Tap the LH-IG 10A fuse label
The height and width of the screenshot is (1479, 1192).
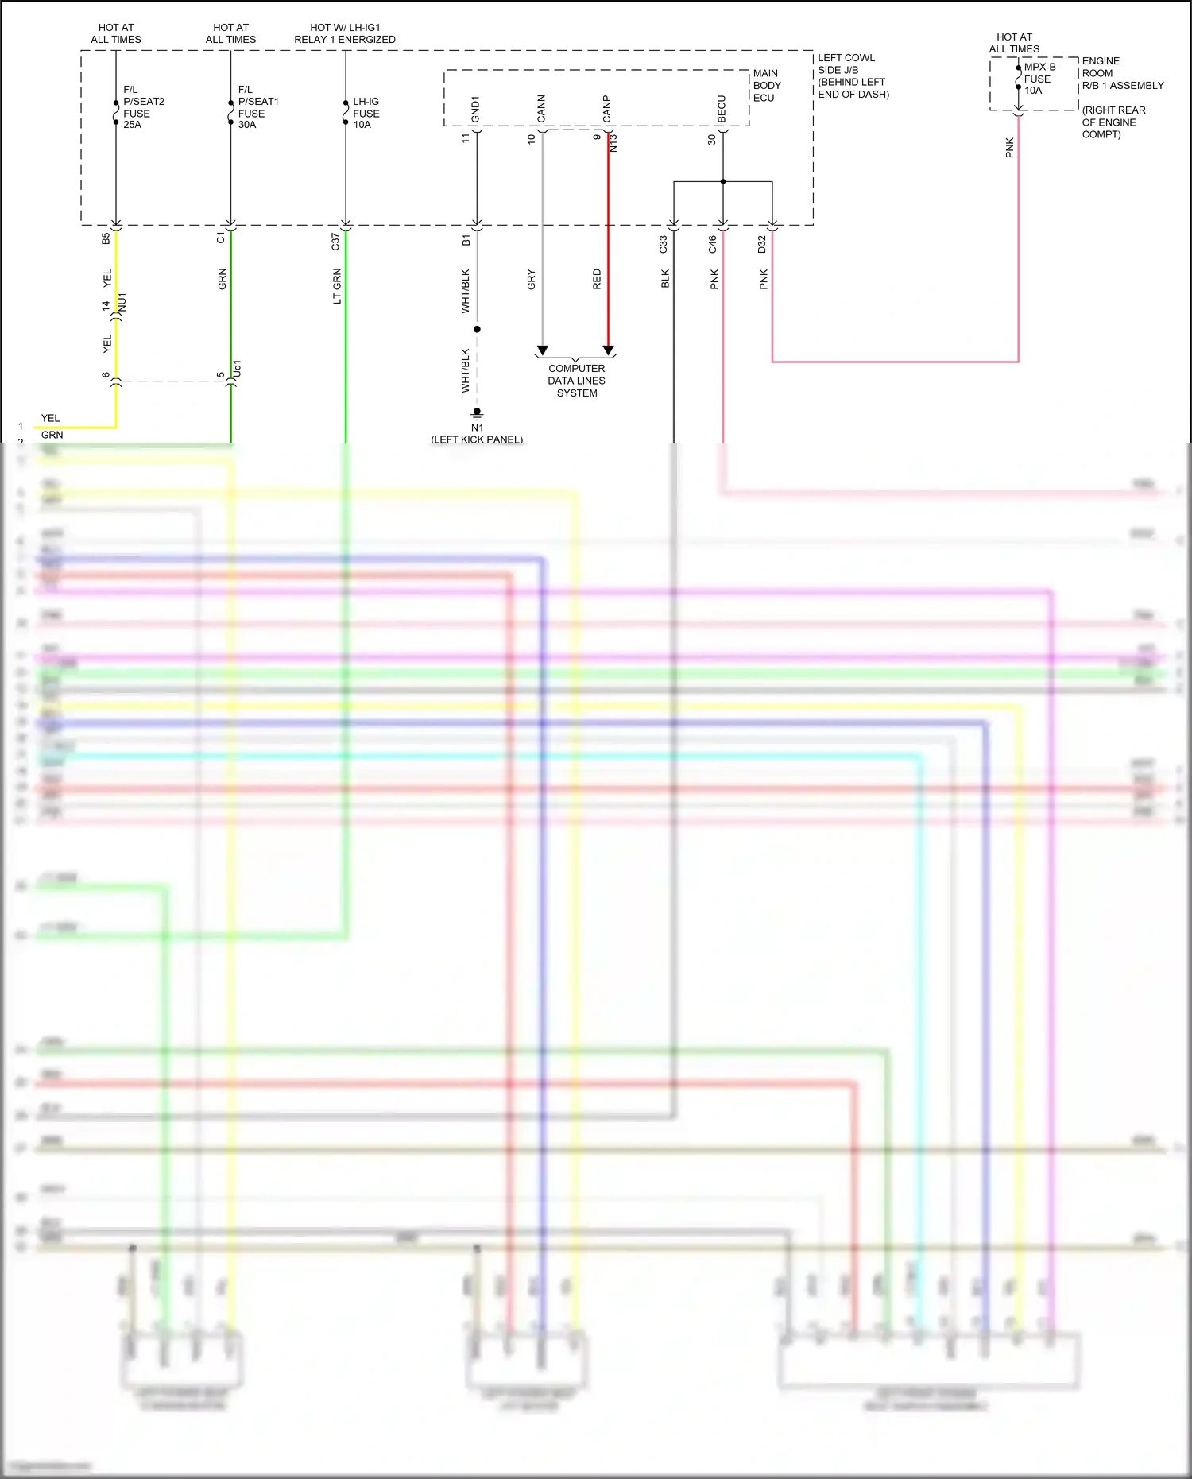point(366,113)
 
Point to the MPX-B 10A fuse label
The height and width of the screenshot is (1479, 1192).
point(1039,79)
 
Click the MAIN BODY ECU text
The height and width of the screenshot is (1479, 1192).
point(767,85)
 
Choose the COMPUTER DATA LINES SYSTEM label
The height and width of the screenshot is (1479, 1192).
point(576,381)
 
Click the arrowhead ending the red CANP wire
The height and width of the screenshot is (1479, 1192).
point(608,350)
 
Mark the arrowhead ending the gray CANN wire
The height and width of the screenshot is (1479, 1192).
point(543,350)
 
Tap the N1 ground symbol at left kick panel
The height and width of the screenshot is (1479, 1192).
point(477,413)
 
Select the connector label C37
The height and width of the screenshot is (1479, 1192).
point(335,242)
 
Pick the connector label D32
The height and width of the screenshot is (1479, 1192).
point(761,244)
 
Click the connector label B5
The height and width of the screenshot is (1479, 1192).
point(106,238)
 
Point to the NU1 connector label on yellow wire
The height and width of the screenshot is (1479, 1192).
point(122,303)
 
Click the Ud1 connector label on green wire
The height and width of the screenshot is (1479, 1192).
point(237,369)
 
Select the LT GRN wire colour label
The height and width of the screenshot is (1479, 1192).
point(337,286)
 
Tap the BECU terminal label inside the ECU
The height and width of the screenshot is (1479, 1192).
point(722,110)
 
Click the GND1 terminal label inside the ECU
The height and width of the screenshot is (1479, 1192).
point(475,110)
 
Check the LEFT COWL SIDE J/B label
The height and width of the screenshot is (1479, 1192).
point(852,75)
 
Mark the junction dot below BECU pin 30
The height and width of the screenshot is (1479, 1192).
point(723,182)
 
